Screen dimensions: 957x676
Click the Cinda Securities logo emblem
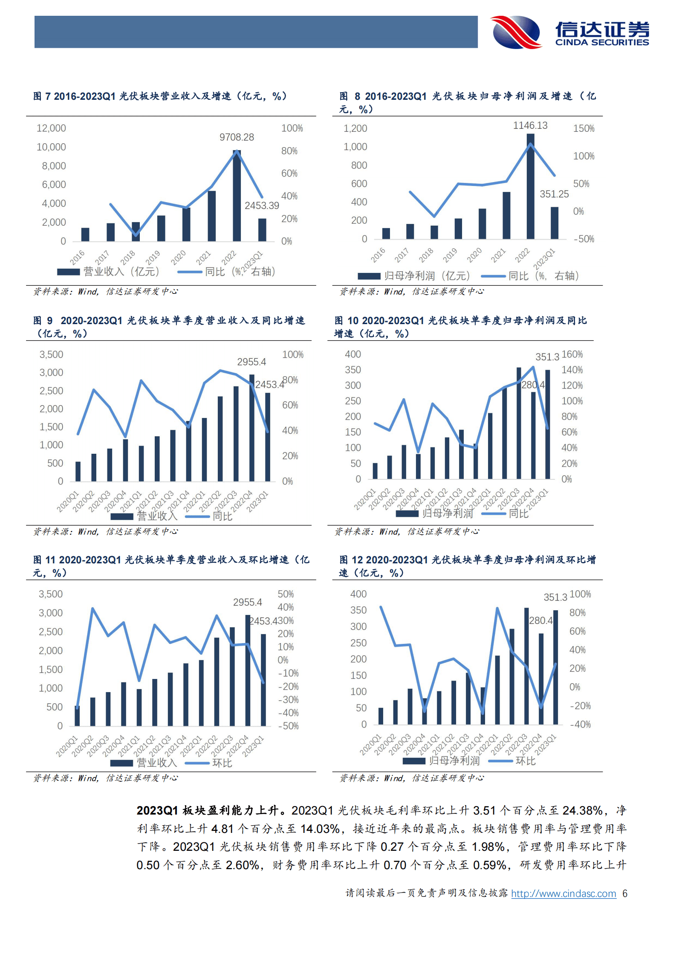click(x=516, y=32)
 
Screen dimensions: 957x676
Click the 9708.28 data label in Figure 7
click(x=237, y=137)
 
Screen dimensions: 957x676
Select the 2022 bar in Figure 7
click(x=237, y=196)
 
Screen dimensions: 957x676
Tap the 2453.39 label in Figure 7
click(x=262, y=206)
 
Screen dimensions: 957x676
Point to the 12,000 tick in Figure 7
click(x=51, y=128)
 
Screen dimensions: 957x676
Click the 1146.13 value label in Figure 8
click(x=530, y=125)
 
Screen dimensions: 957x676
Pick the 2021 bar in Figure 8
click(x=506, y=215)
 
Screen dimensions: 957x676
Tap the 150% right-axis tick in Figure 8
click(x=584, y=128)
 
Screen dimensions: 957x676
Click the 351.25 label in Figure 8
click(x=554, y=194)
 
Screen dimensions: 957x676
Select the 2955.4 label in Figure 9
click(x=251, y=362)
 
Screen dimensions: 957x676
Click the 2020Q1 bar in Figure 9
click(x=78, y=471)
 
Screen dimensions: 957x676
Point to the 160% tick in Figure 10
click(x=572, y=354)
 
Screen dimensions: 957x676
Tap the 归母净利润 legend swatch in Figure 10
click(x=407, y=513)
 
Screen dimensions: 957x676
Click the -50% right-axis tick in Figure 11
click(x=288, y=726)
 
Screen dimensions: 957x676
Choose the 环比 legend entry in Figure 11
click(x=209, y=763)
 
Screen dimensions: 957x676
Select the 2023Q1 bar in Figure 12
click(x=555, y=667)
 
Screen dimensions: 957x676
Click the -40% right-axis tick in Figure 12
click(x=581, y=724)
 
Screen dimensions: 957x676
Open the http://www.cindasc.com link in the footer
click(x=563, y=893)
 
